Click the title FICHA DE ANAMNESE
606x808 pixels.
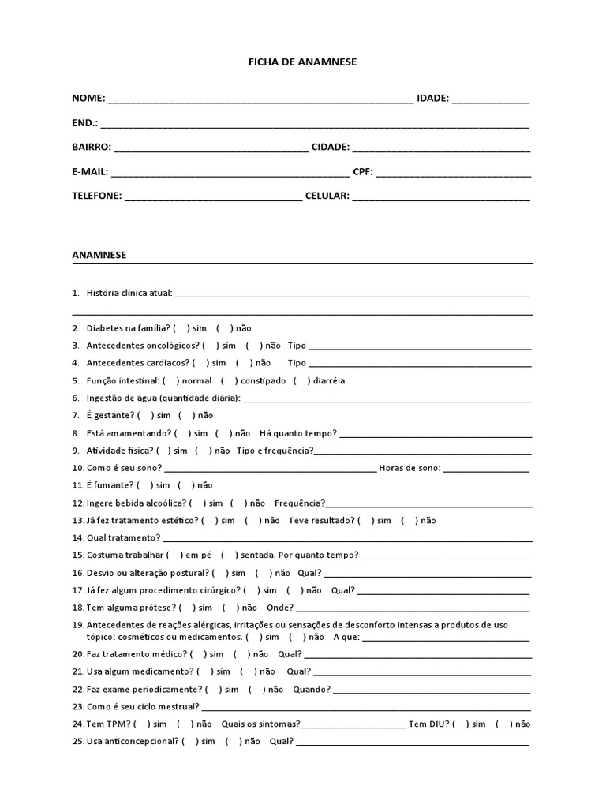(303, 62)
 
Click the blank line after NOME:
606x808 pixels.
(260, 99)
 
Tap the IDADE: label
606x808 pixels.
(432, 98)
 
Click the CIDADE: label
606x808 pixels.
(331, 147)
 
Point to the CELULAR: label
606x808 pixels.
(327, 196)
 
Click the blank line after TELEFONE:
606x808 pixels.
(213, 197)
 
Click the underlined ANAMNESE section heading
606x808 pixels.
(99, 255)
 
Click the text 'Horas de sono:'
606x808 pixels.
(410, 468)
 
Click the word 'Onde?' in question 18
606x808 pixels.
(279, 608)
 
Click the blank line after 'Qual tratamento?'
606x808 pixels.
(346, 539)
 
